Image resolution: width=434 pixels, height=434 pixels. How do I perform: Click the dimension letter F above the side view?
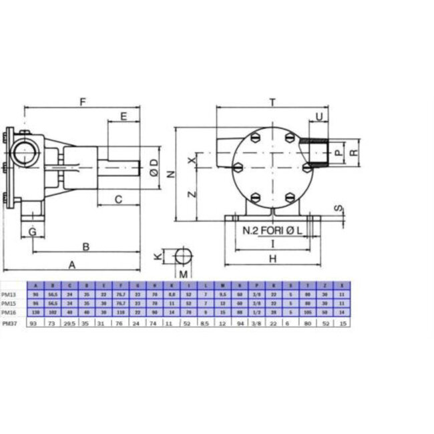point(83,102)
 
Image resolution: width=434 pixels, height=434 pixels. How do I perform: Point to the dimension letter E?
point(124,116)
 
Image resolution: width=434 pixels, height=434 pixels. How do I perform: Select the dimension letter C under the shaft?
point(118,198)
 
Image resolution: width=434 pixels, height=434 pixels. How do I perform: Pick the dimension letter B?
point(85,246)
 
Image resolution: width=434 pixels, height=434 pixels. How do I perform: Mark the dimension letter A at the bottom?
point(71,264)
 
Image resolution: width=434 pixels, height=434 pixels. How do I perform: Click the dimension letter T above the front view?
point(272,102)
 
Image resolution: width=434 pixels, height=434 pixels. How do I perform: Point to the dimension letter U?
point(319,117)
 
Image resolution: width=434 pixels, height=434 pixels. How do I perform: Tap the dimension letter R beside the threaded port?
point(355,152)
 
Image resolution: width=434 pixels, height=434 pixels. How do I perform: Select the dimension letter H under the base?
point(272,258)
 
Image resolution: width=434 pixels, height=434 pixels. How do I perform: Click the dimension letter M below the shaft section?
point(182,274)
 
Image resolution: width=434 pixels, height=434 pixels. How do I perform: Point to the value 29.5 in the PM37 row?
point(67,323)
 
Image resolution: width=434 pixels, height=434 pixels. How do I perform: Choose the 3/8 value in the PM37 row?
point(256,323)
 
